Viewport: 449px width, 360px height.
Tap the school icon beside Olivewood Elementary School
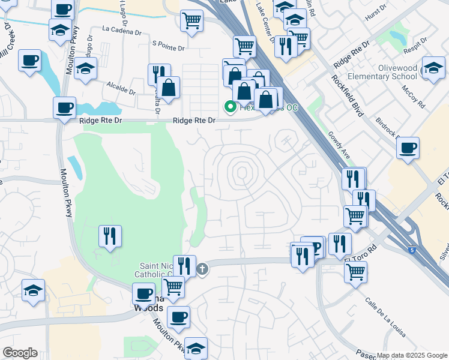(433, 68)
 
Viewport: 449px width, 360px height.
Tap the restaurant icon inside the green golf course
(109, 235)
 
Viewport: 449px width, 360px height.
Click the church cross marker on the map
(202, 269)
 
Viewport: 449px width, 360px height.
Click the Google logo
(19, 353)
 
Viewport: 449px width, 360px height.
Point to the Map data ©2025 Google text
(412, 355)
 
